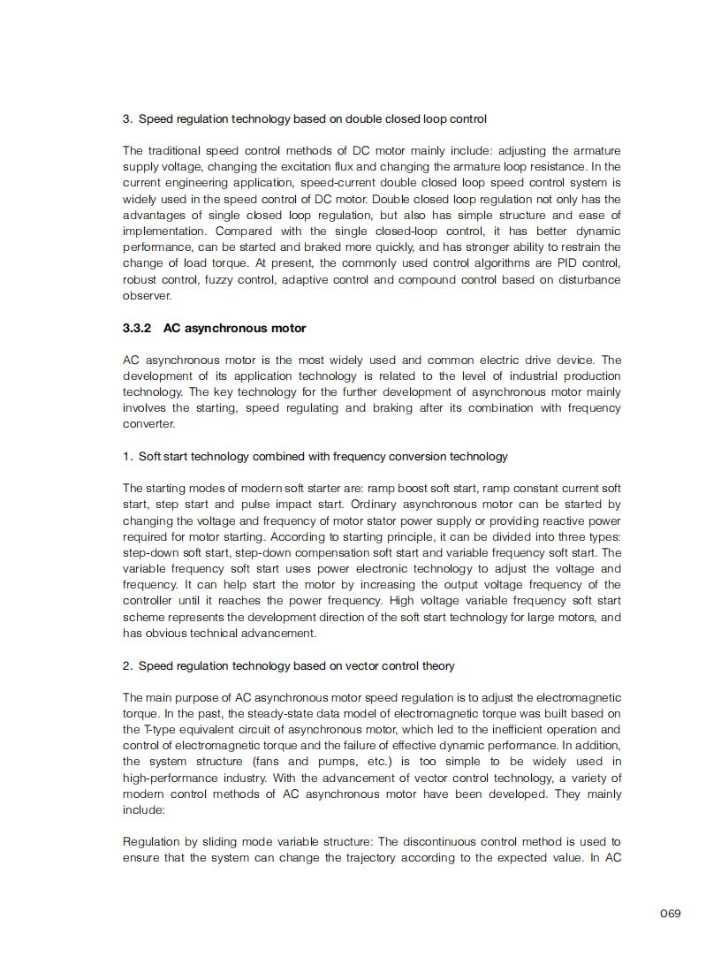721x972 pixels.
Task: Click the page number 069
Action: click(670, 913)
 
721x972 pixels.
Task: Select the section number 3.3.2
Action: click(136, 328)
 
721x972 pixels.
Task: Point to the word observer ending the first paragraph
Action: click(147, 296)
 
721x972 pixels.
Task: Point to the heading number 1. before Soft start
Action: click(128, 457)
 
